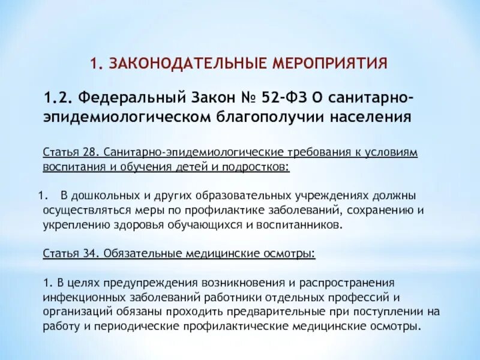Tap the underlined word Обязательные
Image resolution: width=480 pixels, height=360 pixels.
tap(137, 253)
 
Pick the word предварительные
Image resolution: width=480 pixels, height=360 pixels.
tap(254, 312)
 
